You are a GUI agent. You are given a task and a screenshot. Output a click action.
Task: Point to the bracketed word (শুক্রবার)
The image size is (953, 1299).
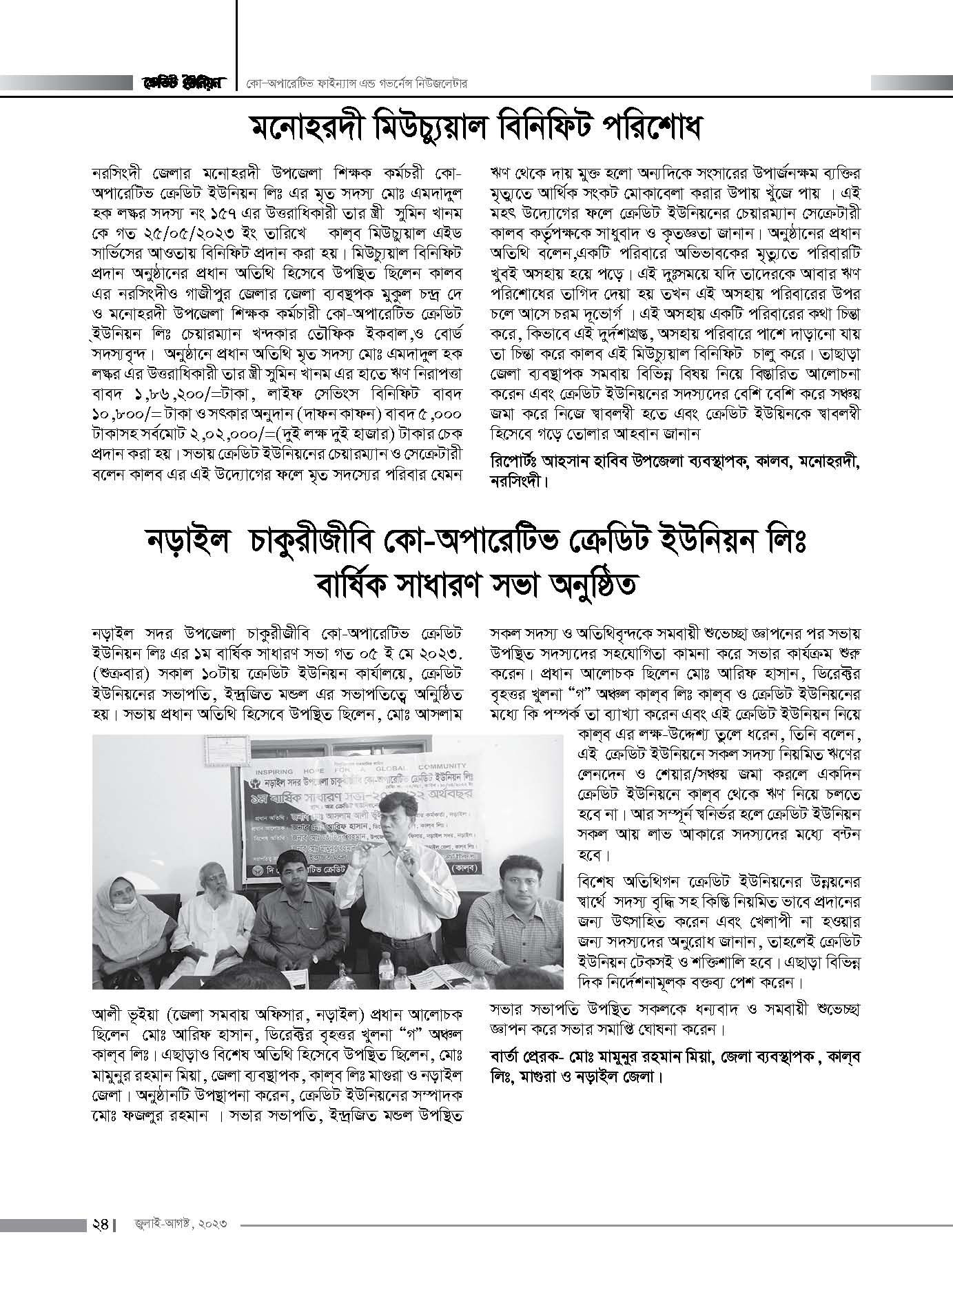pos(123,672)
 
